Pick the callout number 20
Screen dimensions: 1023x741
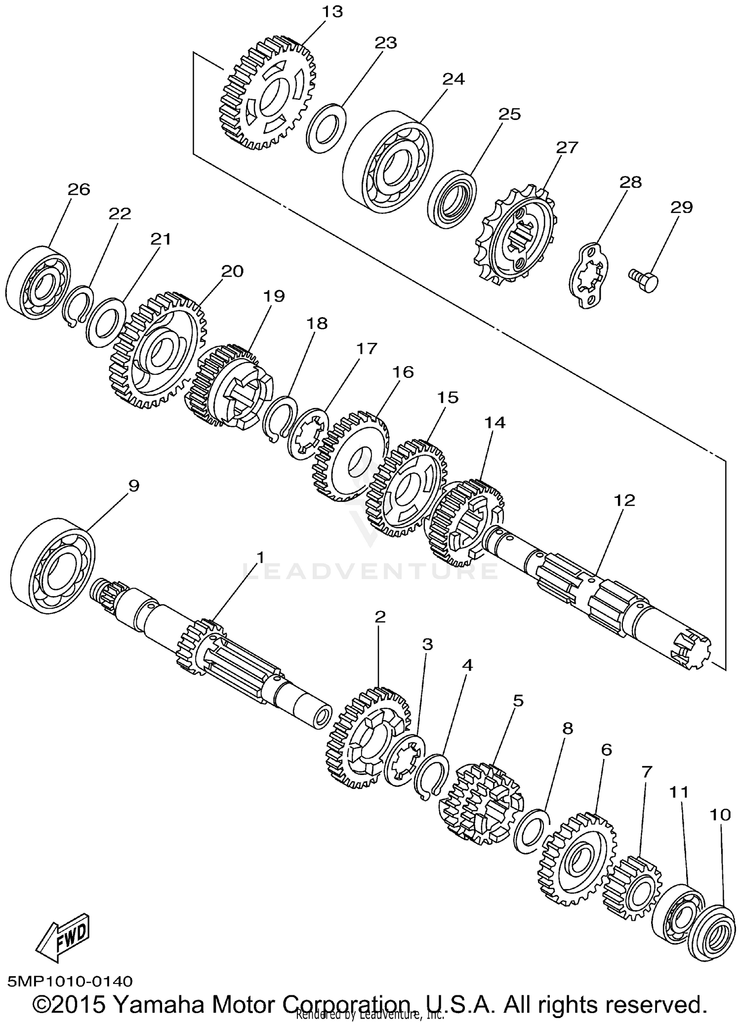point(232,271)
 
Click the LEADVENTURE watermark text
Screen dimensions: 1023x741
point(370,571)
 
